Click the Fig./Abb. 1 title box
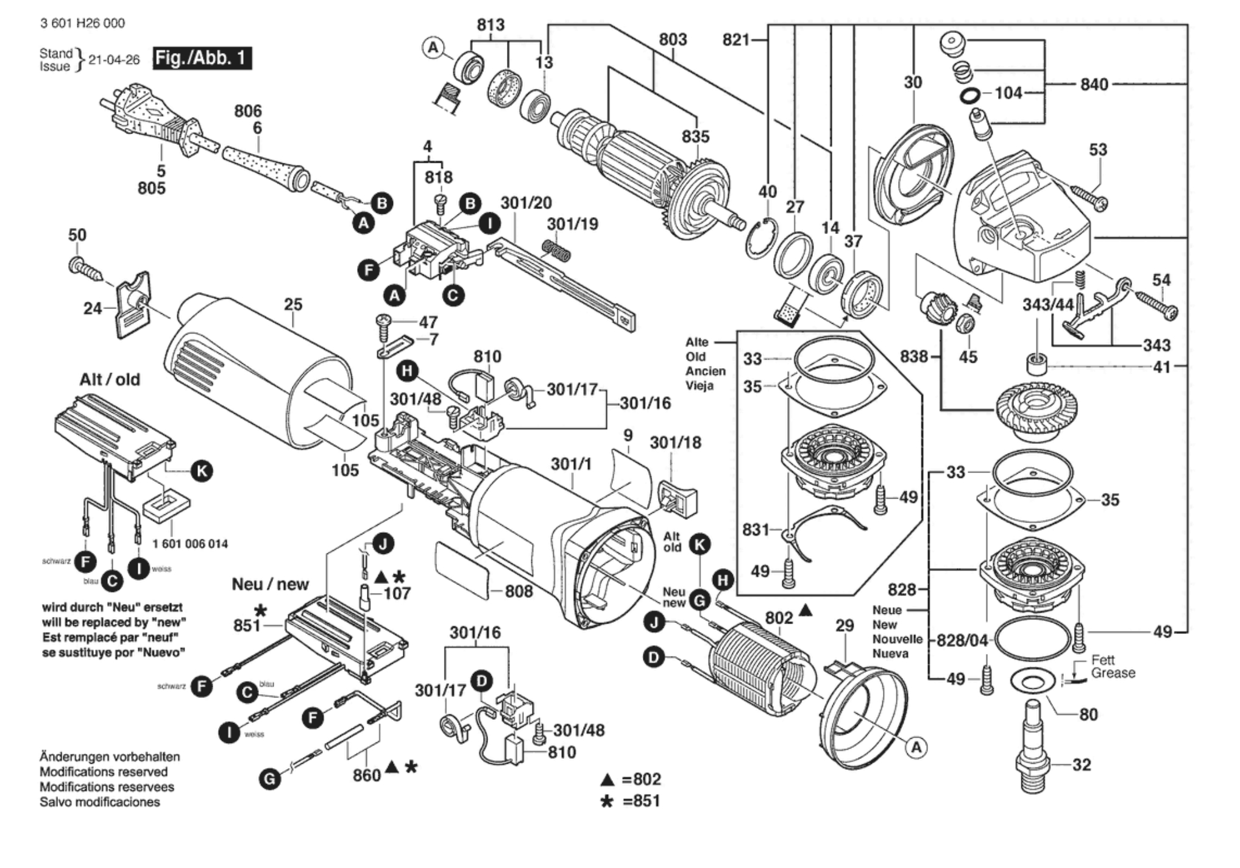click(x=202, y=59)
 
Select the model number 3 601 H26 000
click(x=82, y=23)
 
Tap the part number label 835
click(x=695, y=137)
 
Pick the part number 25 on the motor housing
click(x=293, y=304)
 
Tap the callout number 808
click(x=519, y=591)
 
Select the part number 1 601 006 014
click(x=190, y=544)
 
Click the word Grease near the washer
click(x=1113, y=674)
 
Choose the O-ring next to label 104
click(x=971, y=95)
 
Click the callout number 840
click(x=1094, y=84)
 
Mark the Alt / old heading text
click(x=110, y=380)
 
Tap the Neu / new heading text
click(x=270, y=585)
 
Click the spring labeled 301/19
click(x=556, y=250)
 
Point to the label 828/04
click(x=962, y=640)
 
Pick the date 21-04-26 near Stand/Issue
click(x=114, y=60)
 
